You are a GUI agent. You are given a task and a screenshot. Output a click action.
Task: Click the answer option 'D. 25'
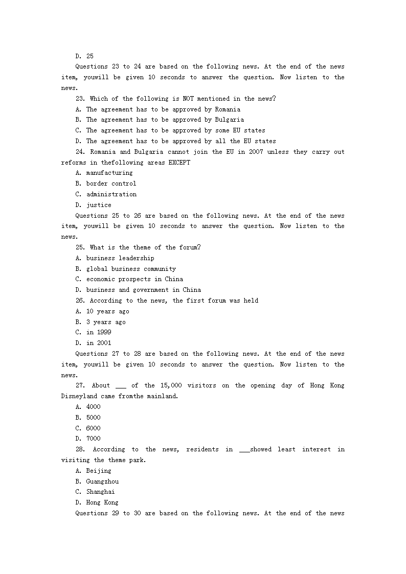[84, 56]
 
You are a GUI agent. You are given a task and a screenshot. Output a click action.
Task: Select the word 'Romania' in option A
[227, 109]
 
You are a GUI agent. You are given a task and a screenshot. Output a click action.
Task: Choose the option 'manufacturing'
[109, 173]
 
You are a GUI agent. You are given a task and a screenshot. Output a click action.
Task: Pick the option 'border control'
[111, 183]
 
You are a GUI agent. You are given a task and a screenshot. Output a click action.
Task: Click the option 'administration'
[111, 194]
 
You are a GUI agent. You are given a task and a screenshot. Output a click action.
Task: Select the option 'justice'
[98, 205]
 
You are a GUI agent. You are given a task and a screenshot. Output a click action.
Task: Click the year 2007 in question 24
[256, 152]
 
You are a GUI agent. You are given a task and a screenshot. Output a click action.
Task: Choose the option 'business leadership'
[120, 258]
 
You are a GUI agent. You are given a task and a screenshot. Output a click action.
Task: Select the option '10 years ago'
[107, 311]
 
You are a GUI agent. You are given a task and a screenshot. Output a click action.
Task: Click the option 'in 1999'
[98, 332]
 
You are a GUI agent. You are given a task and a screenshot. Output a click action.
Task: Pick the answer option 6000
[93, 428]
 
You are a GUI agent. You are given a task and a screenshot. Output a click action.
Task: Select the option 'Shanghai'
[100, 492]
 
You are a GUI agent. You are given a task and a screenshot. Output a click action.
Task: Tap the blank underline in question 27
[121, 386]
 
